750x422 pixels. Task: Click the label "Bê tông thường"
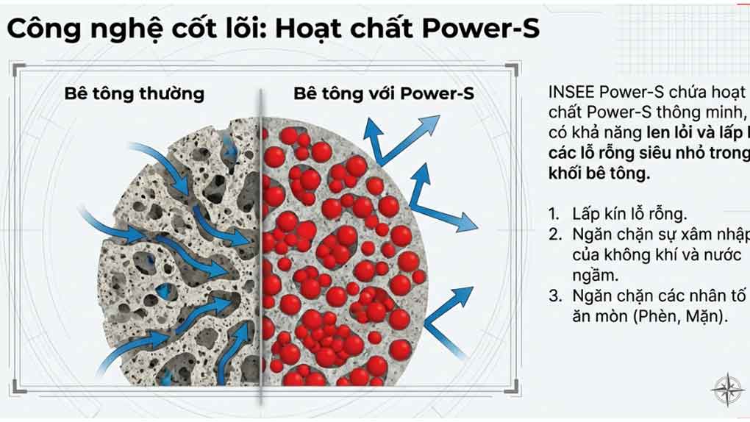(134, 94)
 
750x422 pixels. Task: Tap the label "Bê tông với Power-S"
(384, 94)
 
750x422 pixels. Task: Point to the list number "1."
(555, 214)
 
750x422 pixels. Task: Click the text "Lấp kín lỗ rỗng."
(629, 214)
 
